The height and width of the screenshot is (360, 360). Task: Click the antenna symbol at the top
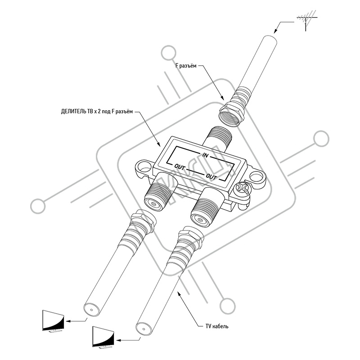coord(306,20)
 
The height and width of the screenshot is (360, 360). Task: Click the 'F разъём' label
coord(186,66)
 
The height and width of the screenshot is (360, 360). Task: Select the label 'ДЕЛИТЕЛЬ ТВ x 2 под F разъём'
coord(97,112)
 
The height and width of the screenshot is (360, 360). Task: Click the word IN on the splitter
coord(205,155)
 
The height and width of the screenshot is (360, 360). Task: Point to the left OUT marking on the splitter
coord(180,167)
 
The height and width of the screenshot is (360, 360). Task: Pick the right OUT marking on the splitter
coord(211,176)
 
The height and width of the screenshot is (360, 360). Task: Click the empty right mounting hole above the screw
coord(256,176)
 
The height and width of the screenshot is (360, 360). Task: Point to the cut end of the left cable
coord(92,310)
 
